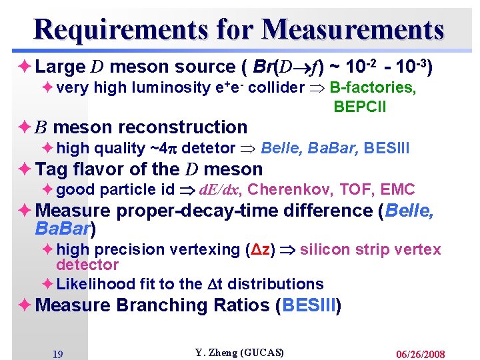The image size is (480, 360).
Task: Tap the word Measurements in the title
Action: [353, 29]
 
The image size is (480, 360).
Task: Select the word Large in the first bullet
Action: [60, 67]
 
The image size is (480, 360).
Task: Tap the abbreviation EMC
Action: [399, 190]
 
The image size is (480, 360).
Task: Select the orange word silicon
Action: [324, 249]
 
